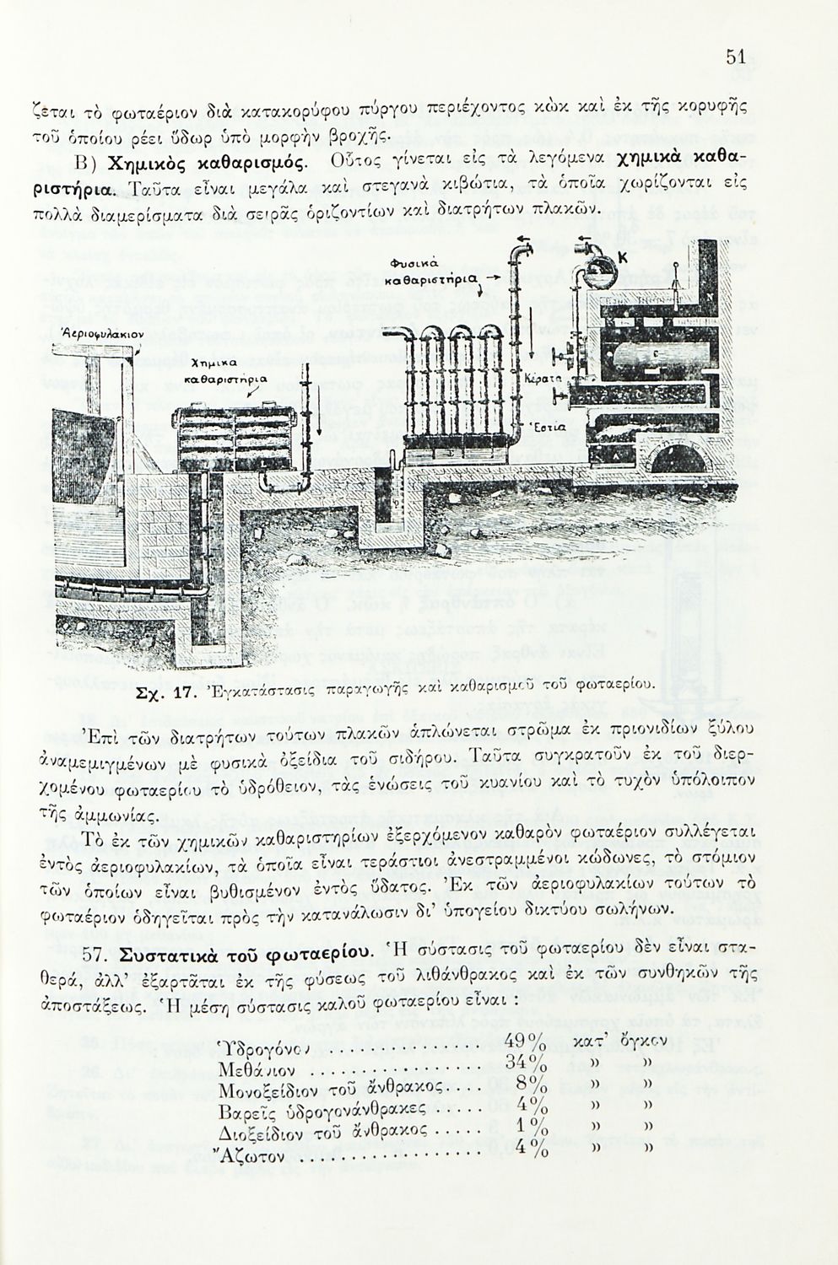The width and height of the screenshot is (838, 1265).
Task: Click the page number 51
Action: coord(733,57)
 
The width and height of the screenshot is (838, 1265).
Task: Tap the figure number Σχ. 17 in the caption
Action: coord(165,694)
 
